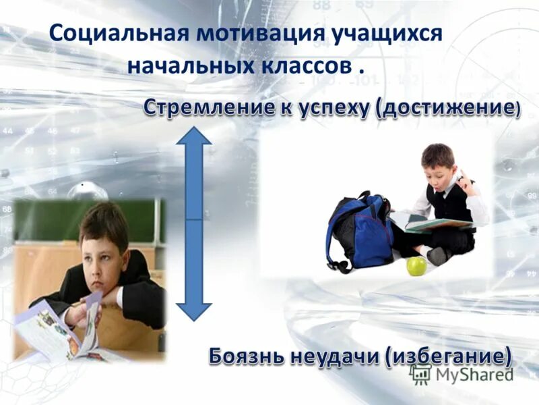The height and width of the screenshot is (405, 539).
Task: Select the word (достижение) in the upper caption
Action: click(447, 109)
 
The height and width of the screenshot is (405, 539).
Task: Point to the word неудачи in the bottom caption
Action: click(338, 356)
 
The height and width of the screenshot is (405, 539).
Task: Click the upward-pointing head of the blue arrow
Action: click(194, 138)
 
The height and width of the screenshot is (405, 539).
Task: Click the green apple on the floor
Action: click(416, 266)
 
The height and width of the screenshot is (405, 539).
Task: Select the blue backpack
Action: click(360, 230)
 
